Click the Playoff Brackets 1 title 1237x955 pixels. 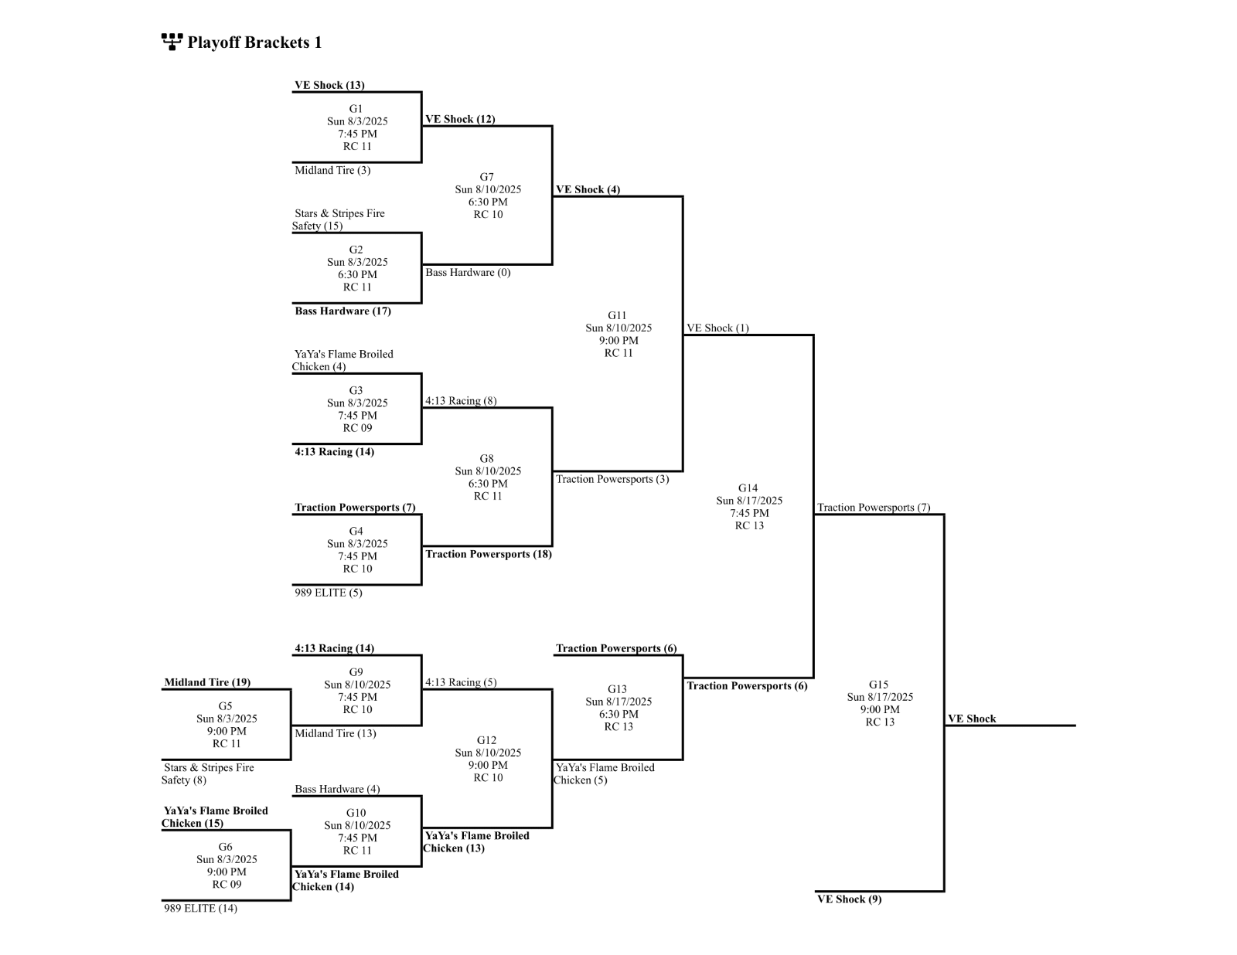(x=254, y=42)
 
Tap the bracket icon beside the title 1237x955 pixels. (x=172, y=42)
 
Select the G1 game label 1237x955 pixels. (x=356, y=109)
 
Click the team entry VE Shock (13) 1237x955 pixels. (x=329, y=85)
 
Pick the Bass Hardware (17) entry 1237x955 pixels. (x=342, y=311)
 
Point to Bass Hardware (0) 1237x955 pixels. (x=468, y=272)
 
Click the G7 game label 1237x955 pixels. (x=486, y=177)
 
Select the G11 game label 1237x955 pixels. (x=617, y=315)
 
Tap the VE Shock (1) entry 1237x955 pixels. (x=717, y=328)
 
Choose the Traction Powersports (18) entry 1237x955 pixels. (x=488, y=554)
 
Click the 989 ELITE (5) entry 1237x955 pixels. (x=328, y=593)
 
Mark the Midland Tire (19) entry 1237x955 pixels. (x=207, y=682)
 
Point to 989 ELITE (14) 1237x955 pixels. (x=200, y=908)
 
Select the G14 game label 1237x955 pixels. (x=748, y=488)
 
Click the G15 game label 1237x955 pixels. (x=878, y=685)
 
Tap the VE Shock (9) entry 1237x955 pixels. (x=849, y=899)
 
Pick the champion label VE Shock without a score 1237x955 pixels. (x=972, y=719)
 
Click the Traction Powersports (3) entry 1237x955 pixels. (x=612, y=479)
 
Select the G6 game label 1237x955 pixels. (x=225, y=847)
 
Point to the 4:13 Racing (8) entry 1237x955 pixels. (x=461, y=400)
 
